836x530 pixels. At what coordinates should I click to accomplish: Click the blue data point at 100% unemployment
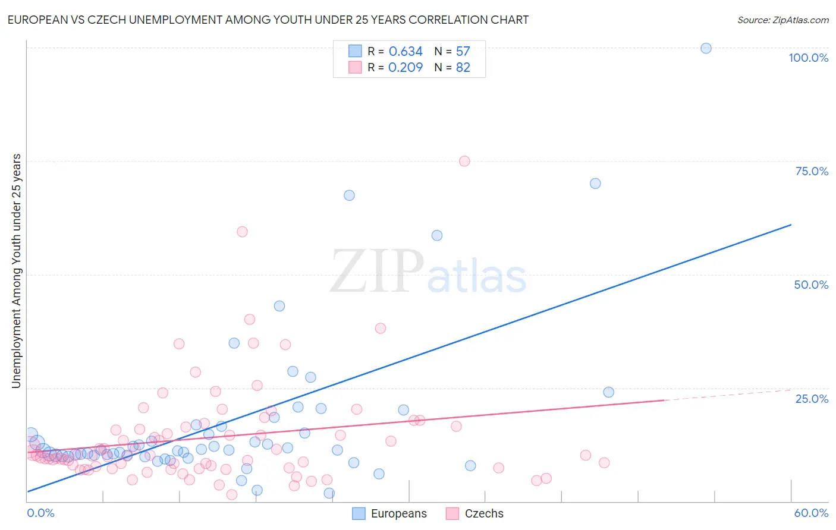(x=706, y=48)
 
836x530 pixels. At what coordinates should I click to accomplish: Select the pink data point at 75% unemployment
(x=464, y=161)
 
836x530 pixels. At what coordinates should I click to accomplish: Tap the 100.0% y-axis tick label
(x=808, y=58)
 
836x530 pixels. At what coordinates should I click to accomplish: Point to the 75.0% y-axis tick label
(x=812, y=171)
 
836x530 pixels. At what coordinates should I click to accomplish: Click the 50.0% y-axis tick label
(x=811, y=285)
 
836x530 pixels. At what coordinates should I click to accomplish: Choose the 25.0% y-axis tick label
(x=812, y=399)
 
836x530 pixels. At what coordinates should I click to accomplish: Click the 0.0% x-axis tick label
(x=40, y=513)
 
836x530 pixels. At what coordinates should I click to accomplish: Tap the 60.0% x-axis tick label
(x=811, y=513)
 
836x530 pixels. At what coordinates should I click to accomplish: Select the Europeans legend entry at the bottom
(x=389, y=513)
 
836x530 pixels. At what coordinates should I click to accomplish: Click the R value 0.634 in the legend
(x=406, y=52)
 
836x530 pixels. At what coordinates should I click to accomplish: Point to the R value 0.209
(x=406, y=68)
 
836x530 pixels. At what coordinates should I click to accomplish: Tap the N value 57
(x=463, y=52)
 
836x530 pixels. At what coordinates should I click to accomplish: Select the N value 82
(x=463, y=68)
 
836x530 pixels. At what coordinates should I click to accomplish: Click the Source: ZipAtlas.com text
(x=782, y=20)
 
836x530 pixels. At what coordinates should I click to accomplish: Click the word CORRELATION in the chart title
(x=448, y=20)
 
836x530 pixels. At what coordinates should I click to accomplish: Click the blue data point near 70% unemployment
(x=595, y=184)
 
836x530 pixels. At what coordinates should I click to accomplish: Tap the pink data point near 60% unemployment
(x=242, y=232)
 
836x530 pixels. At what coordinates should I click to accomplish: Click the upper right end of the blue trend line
(x=791, y=225)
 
